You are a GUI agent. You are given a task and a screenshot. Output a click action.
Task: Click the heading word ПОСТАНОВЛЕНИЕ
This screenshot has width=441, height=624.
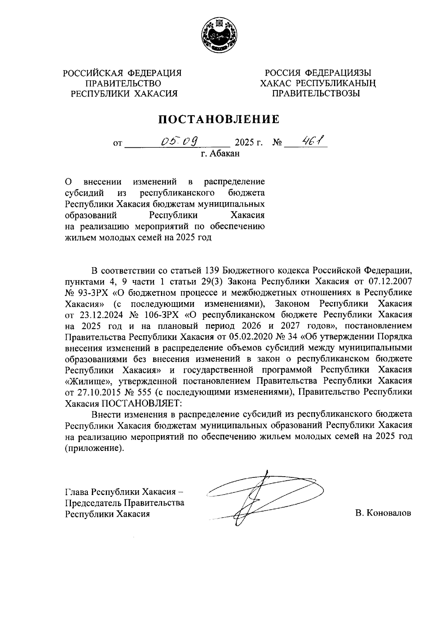click(x=219, y=119)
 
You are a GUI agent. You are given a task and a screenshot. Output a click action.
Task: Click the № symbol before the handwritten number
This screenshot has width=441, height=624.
click(x=277, y=143)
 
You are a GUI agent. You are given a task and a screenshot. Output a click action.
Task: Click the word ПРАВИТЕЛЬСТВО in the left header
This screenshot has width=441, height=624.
click(x=123, y=83)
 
